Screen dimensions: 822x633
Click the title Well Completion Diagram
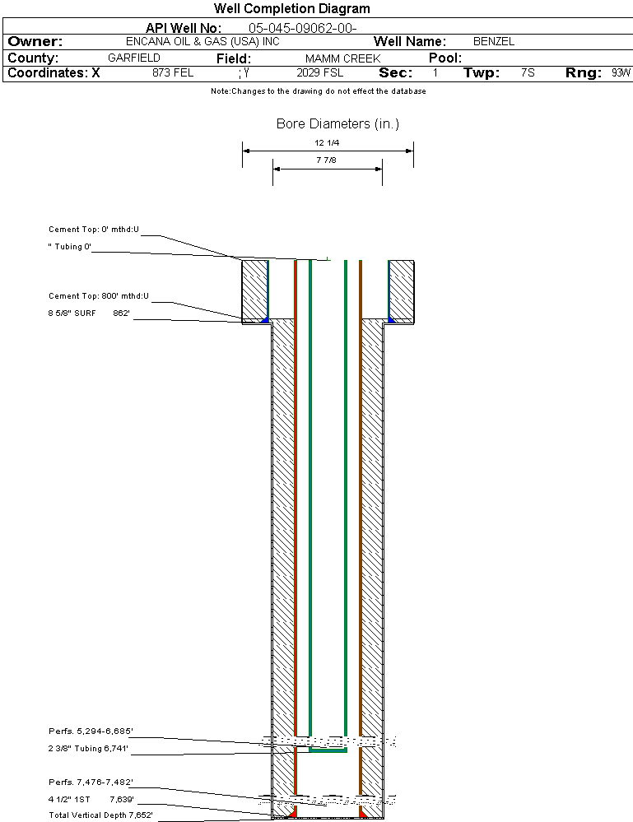point(291,9)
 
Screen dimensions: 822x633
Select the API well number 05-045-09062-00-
point(302,28)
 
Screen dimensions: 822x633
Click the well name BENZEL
point(494,42)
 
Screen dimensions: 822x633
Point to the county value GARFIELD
point(134,58)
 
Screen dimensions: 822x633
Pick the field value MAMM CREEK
point(342,58)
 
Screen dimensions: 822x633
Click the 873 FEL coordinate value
point(173,73)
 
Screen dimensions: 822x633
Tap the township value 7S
point(528,73)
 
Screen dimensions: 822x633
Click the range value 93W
point(621,73)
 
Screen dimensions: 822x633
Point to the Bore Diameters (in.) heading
point(337,124)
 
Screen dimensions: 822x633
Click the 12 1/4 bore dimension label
point(326,142)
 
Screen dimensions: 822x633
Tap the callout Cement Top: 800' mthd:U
point(99,295)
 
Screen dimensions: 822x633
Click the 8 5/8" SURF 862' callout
point(89,313)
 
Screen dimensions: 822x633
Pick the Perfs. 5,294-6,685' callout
point(91,731)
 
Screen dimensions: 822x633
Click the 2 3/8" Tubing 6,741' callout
point(90,749)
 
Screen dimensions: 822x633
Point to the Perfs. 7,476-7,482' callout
point(91,782)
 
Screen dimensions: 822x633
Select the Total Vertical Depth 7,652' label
point(100,815)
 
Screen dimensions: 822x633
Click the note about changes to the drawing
point(319,91)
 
